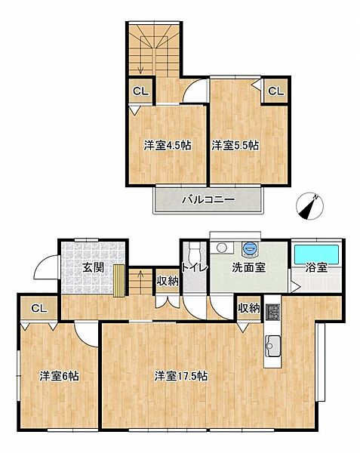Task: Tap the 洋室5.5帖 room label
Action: click(235, 145)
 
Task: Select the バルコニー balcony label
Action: click(208, 200)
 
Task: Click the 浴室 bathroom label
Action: click(315, 267)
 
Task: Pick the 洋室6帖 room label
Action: click(60, 375)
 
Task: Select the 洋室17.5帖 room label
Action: click(182, 375)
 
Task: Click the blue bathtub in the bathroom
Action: click(315, 251)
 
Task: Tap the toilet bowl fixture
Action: click(194, 251)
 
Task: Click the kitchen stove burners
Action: click(272, 310)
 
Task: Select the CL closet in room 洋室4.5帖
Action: click(140, 92)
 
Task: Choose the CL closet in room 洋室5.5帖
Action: click(275, 92)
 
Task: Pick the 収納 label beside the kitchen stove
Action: click(248, 308)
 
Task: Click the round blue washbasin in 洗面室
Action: click(250, 248)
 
